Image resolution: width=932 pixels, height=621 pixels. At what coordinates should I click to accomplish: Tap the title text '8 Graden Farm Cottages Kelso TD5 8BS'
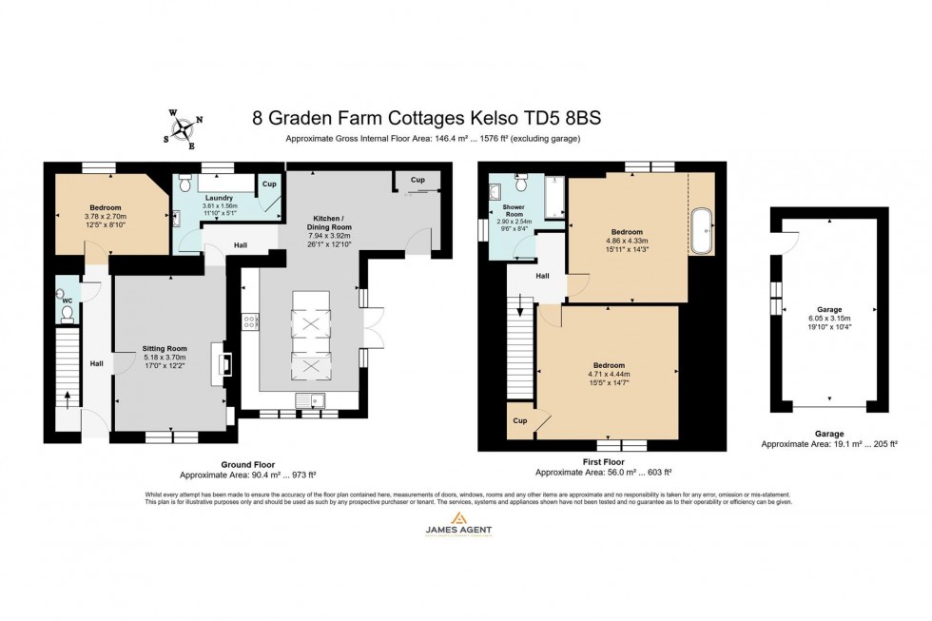[427, 119]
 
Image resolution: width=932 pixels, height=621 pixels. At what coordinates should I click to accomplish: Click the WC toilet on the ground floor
[67, 312]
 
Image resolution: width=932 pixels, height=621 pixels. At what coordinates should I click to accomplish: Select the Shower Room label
[514, 210]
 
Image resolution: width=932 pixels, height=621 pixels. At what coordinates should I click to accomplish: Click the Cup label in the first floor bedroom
[520, 420]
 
